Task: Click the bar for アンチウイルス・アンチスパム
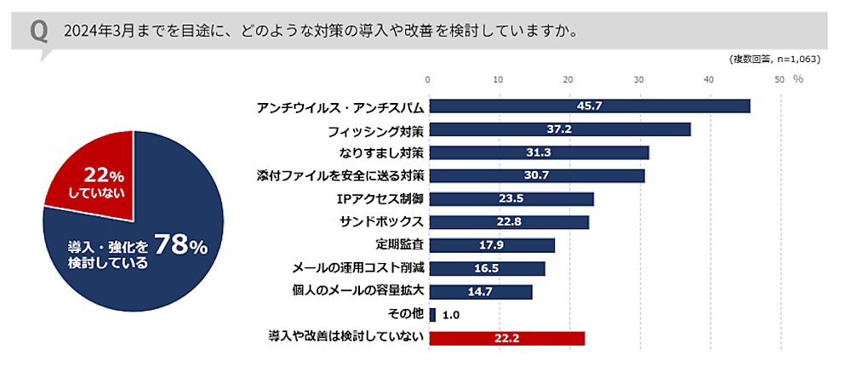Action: tap(589, 106)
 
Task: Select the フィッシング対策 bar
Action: tap(559, 129)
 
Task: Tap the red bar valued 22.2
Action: tap(506, 338)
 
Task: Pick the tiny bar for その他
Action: tap(432, 315)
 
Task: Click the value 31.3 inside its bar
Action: tap(539, 152)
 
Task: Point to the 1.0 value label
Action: tap(451, 315)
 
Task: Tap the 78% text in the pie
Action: tap(180, 247)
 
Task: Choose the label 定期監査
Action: tap(399, 245)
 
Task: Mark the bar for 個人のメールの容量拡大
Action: tap(480, 292)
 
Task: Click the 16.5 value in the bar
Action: tap(487, 269)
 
